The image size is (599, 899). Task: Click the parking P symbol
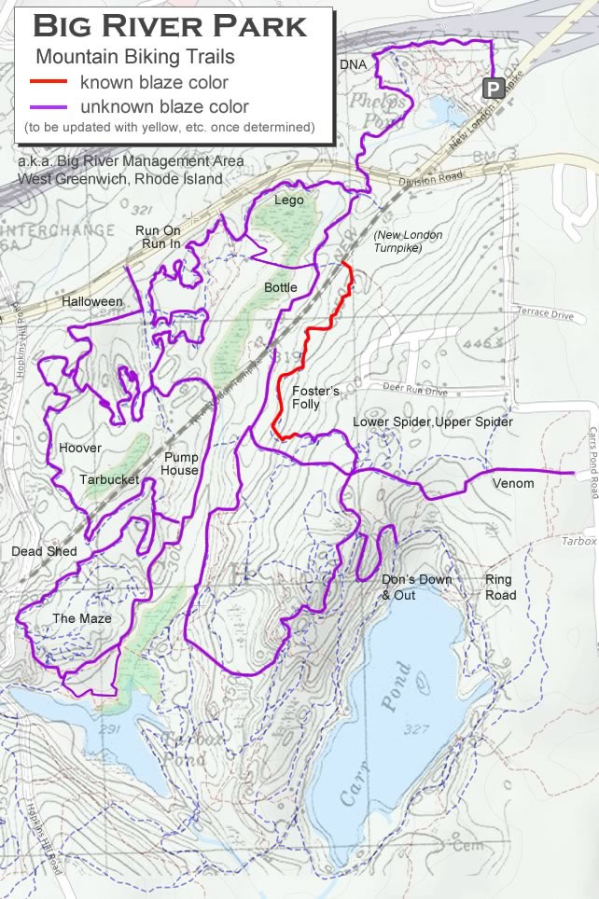(x=492, y=89)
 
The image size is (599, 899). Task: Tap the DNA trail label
(x=352, y=63)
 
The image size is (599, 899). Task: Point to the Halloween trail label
(x=92, y=302)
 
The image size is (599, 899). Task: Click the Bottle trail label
(x=280, y=287)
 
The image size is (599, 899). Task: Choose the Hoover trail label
(x=79, y=448)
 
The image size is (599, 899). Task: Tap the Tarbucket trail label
(x=108, y=479)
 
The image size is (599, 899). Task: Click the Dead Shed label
(x=44, y=551)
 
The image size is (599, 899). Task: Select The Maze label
(x=82, y=618)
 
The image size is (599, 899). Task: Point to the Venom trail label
(x=513, y=483)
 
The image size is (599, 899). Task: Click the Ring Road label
(x=500, y=588)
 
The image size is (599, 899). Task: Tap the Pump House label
(x=181, y=463)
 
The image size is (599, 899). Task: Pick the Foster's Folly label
(x=315, y=397)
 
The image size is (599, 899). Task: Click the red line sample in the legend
(x=50, y=82)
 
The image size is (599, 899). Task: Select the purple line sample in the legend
(x=50, y=105)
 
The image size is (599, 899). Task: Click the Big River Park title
(x=170, y=26)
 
